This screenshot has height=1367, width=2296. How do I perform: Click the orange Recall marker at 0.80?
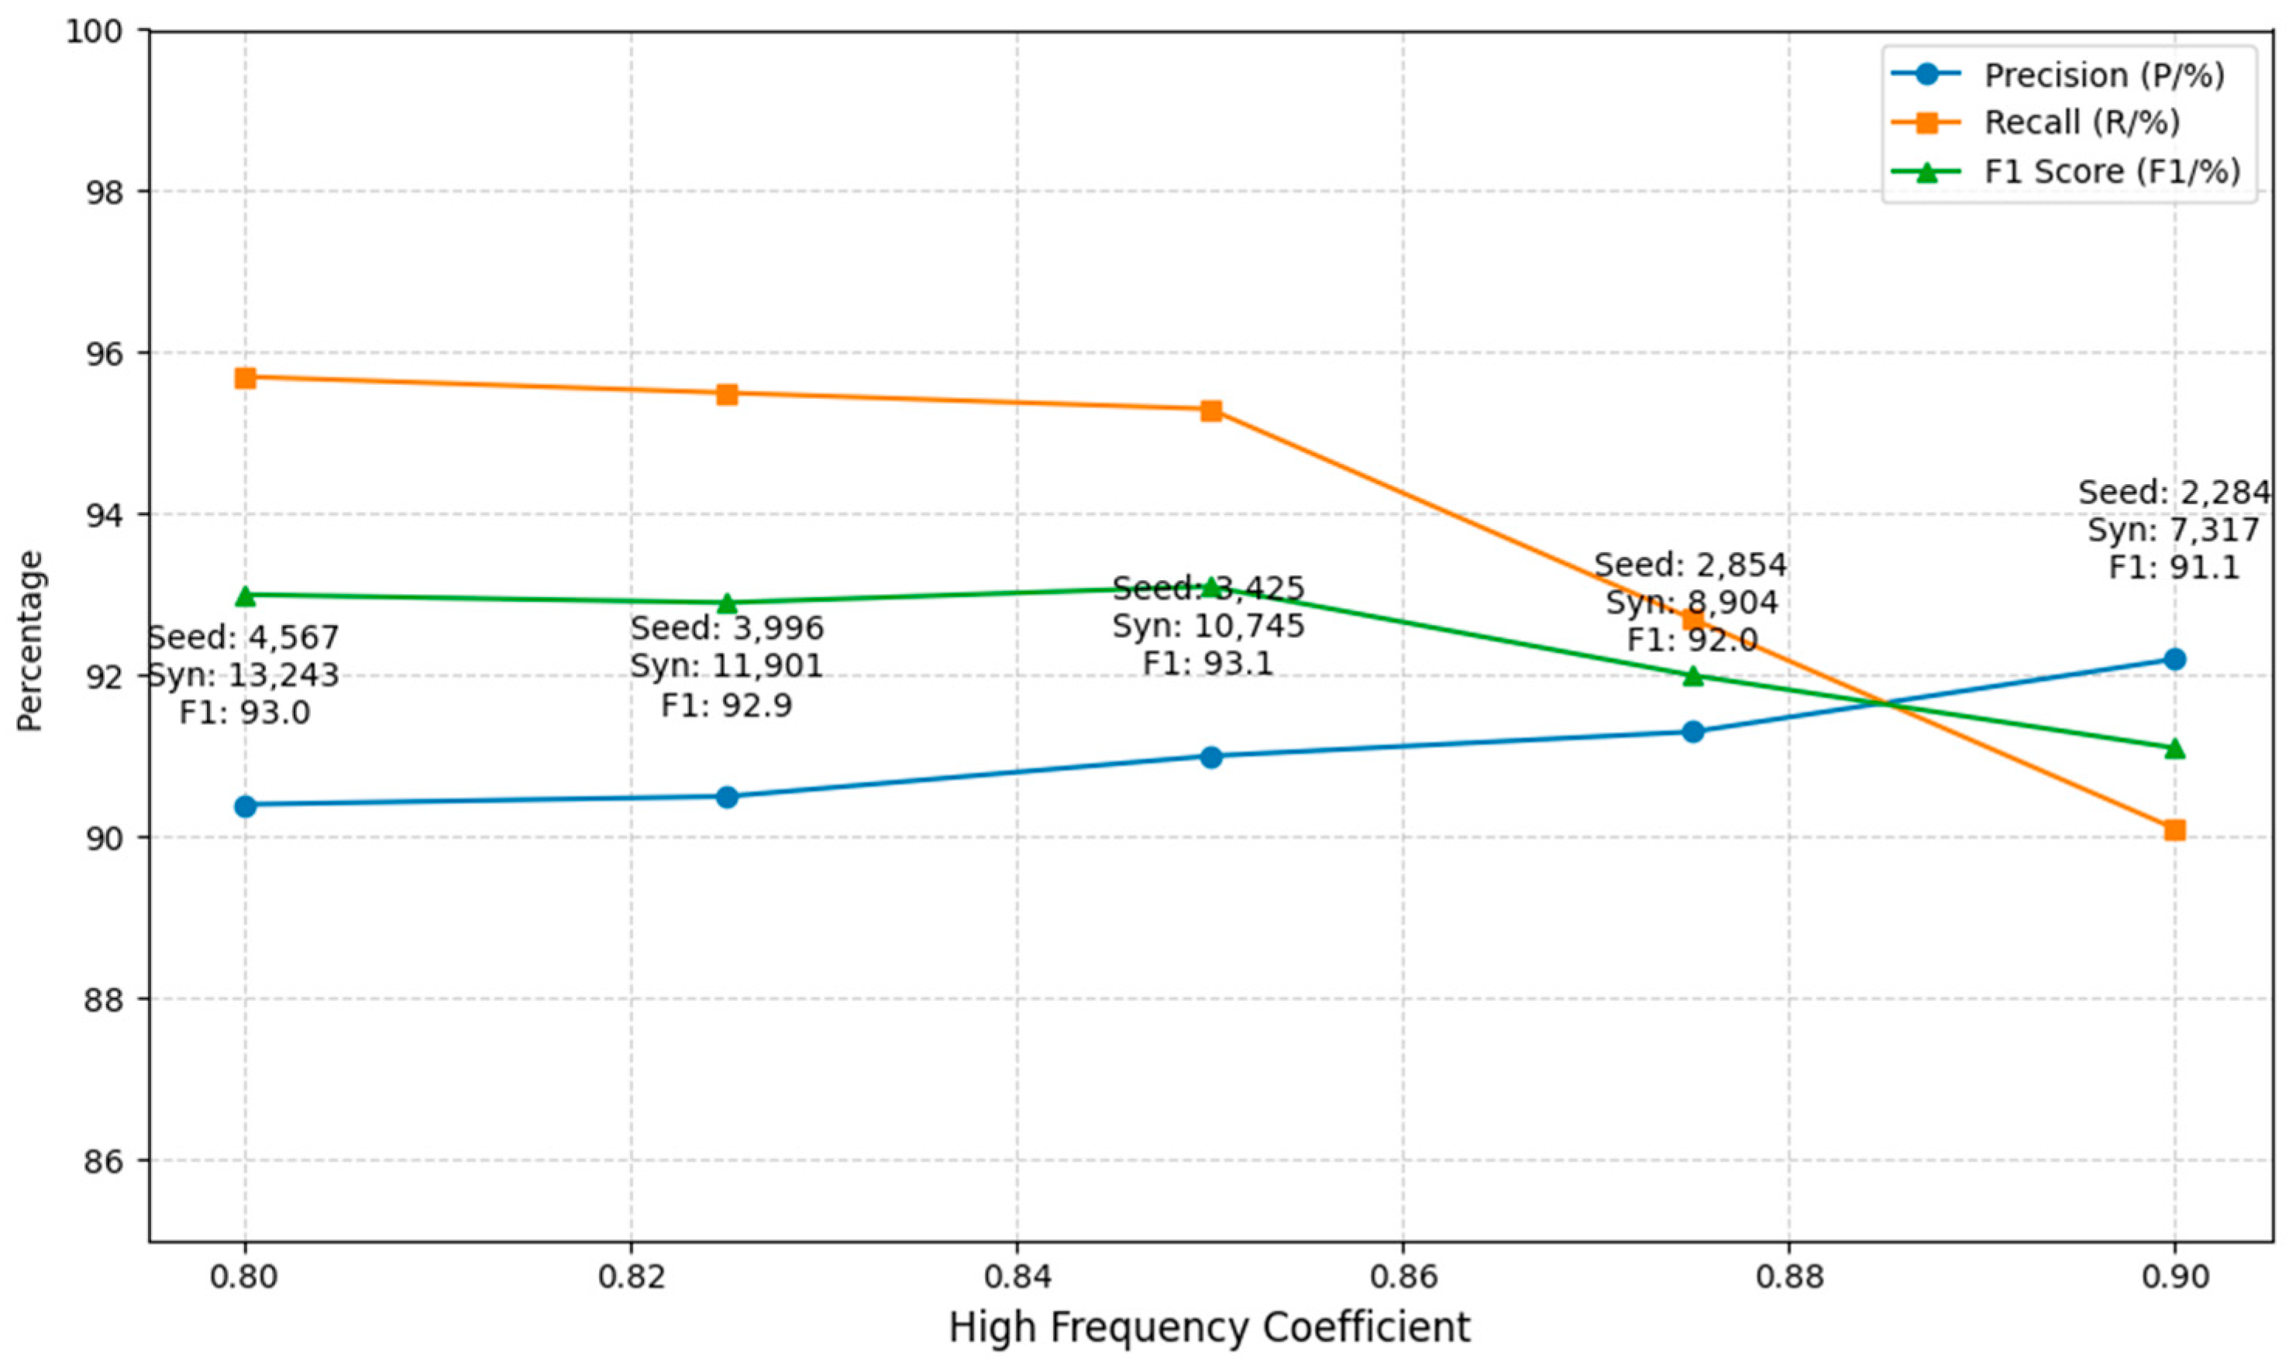pos(244,378)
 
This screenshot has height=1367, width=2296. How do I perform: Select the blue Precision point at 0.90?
pos(2174,658)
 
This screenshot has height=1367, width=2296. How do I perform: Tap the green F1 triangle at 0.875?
pos(1692,676)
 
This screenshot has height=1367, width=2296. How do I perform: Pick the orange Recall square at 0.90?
pos(2174,830)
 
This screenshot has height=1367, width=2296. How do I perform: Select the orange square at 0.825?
pos(727,394)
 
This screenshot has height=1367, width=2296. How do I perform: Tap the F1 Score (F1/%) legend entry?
pos(2112,171)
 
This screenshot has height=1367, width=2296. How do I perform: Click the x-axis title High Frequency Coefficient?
pos(1209,1328)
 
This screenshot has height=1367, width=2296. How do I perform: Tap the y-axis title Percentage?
pos(29,641)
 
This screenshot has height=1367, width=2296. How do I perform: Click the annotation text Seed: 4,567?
pos(244,637)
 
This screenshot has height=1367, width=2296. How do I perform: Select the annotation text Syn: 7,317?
pos(2174,531)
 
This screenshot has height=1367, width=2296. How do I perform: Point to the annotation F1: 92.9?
pos(727,705)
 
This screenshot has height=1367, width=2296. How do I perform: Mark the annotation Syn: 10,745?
pos(1209,627)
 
